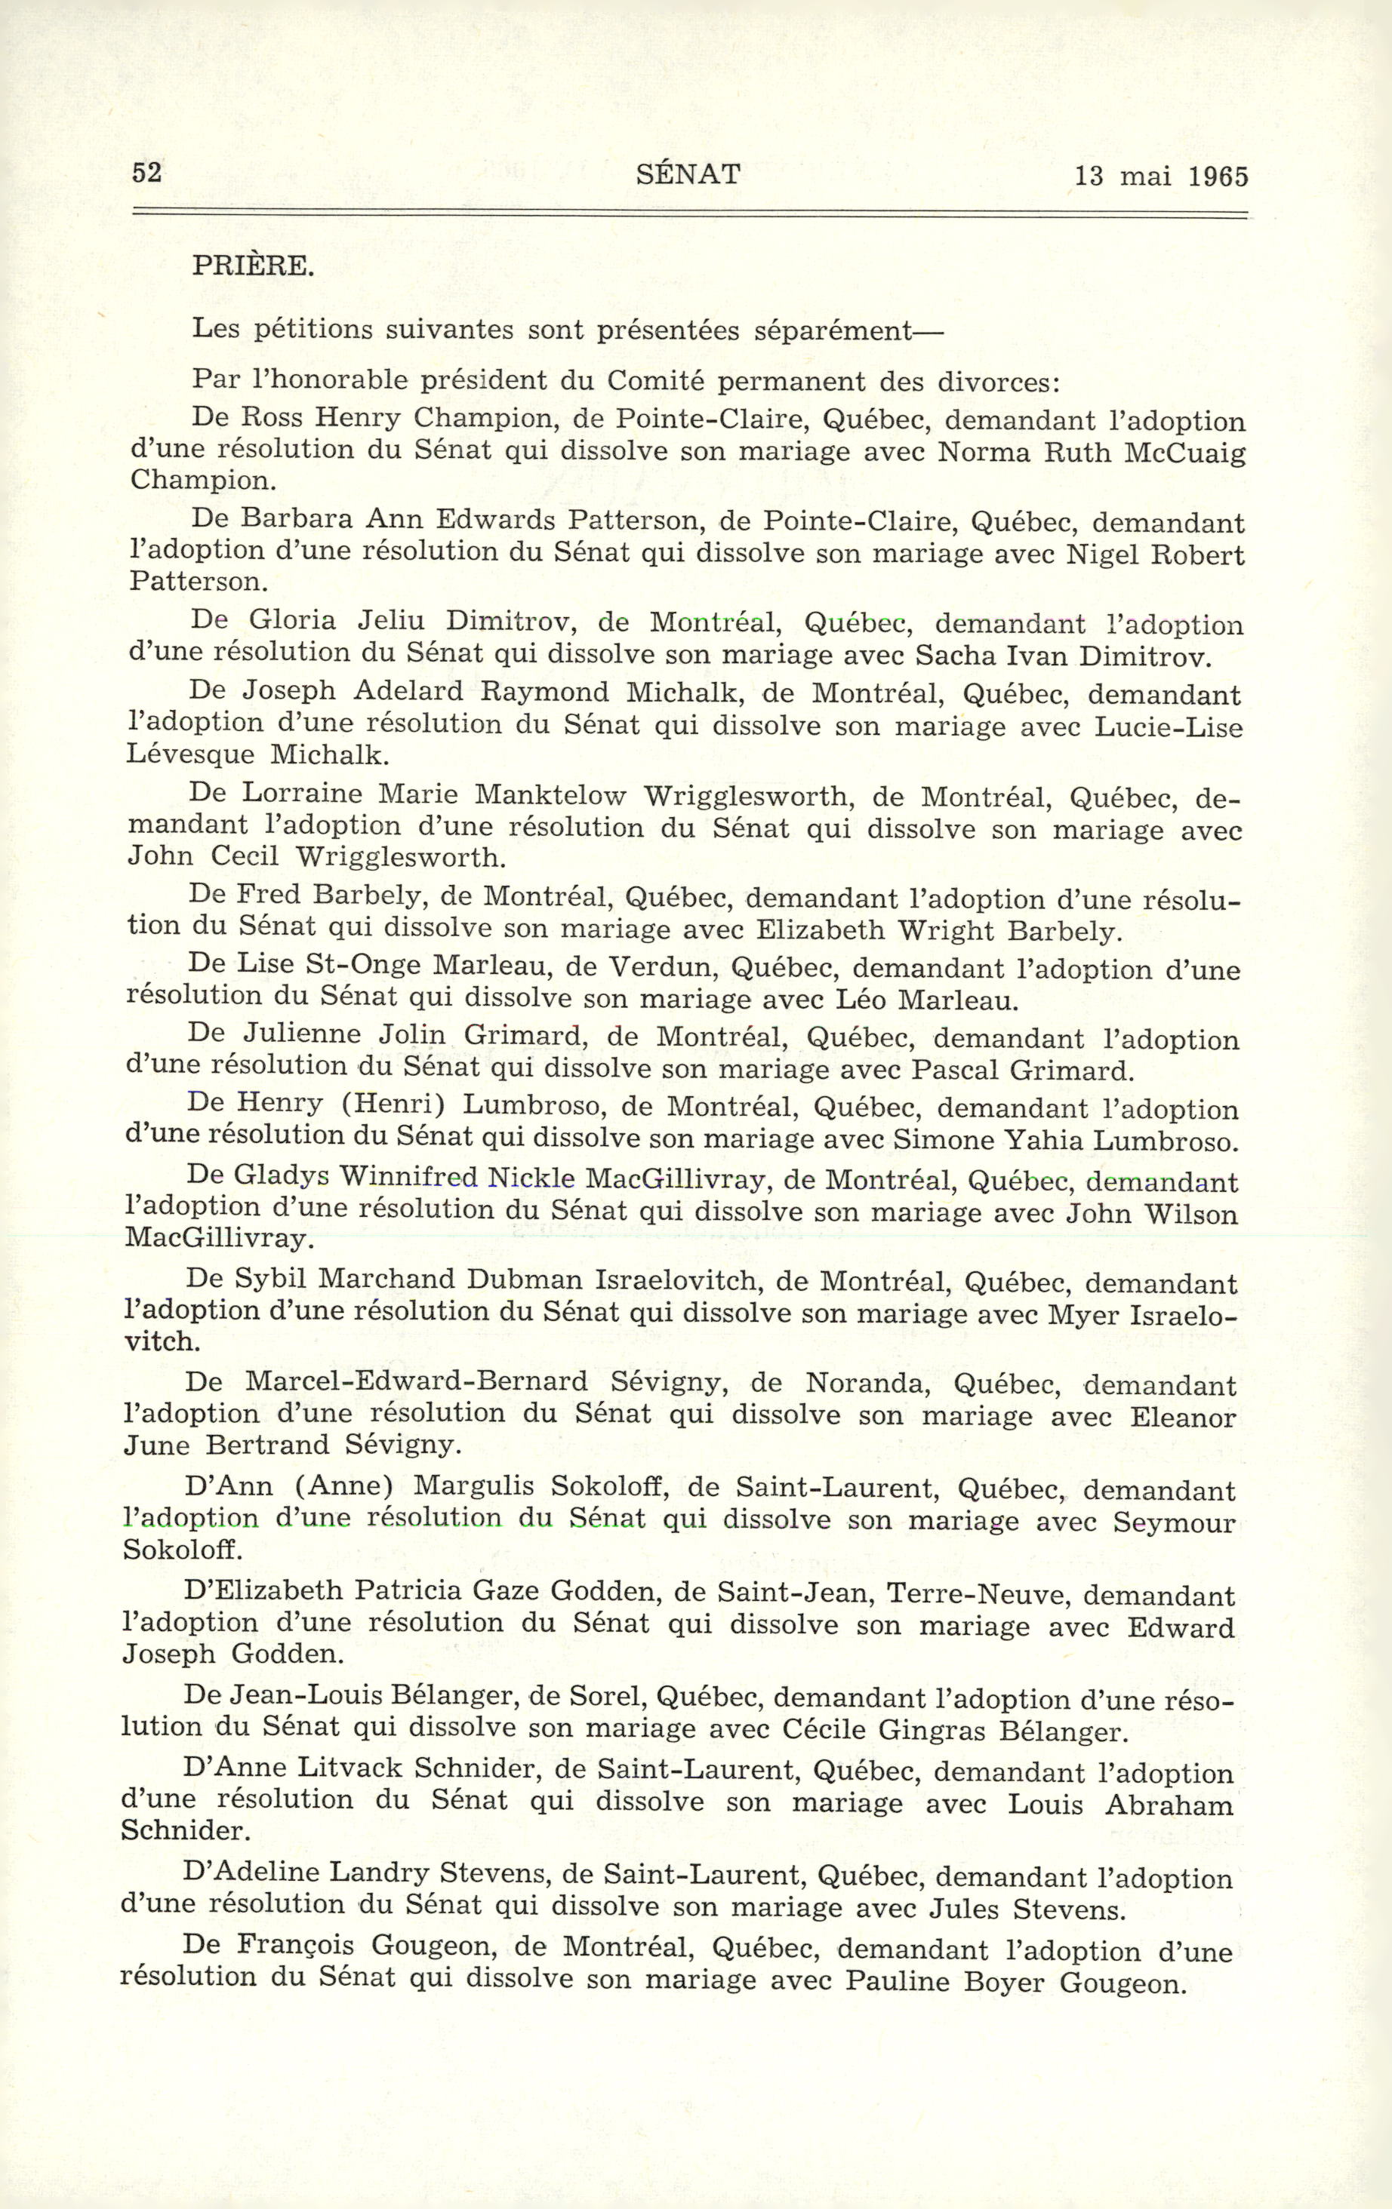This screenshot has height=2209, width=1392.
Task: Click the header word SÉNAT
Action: (x=688, y=174)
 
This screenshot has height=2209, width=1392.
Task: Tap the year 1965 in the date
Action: (x=1218, y=177)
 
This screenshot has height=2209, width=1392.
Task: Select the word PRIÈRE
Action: (x=252, y=267)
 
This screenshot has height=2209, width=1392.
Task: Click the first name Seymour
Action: (x=1174, y=1522)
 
